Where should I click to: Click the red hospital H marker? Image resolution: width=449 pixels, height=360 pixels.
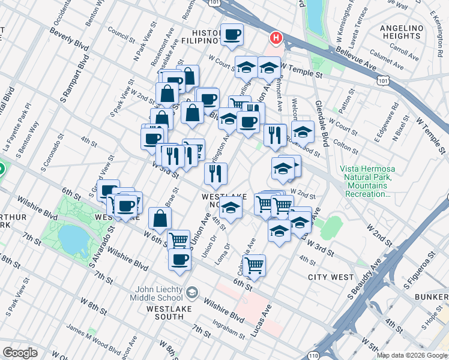(x=276, y=38)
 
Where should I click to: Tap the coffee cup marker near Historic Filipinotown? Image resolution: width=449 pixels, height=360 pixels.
(x=232, y=34)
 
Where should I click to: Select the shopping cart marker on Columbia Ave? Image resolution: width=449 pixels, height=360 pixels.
(x=255, y=263)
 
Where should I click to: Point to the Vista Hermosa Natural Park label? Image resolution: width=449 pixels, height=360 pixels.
(x=366, y=182)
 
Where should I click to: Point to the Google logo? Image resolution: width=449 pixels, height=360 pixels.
(x=19, y=353)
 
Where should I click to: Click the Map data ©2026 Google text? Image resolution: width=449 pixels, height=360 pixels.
(x=412, y=355)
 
